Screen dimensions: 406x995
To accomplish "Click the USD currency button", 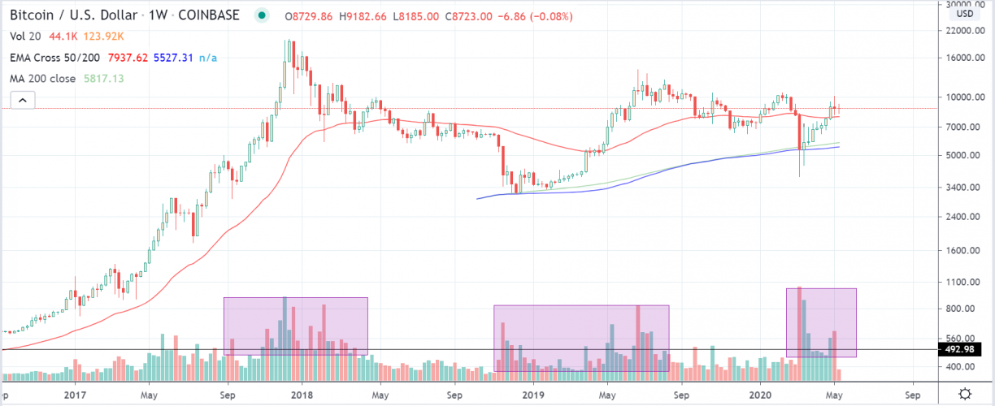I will pos(964,14).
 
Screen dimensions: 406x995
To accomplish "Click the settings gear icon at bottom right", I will pos(964,394).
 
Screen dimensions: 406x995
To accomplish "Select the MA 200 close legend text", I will pos(43,79).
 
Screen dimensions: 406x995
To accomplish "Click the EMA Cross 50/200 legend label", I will pos(56,58).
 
